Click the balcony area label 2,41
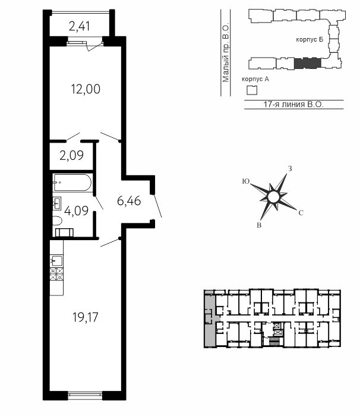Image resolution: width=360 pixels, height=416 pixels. click(80, 27)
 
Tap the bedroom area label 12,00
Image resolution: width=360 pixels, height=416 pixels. click(86, 89)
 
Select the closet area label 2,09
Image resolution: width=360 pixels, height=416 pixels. click(72, 155)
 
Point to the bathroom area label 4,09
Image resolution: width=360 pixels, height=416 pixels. click(77, 211)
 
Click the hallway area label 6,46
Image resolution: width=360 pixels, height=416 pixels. click(129, 201)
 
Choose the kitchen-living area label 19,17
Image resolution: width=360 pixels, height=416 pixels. click(86, 317)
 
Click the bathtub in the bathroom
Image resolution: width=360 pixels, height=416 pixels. click(72, 182)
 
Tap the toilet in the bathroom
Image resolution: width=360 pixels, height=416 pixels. click(57, 220)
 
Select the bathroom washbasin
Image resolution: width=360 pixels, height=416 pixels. click(57, 203)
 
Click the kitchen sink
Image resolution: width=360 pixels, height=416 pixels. click(56, 261)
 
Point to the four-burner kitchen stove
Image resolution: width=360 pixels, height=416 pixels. click(56, 275)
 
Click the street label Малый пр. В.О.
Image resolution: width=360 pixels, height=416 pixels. click(226, 53)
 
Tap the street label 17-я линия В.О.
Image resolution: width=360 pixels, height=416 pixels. click(293, 104)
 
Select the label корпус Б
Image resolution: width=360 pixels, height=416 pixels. click(310, 40)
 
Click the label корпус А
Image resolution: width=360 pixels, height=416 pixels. click(255, 79)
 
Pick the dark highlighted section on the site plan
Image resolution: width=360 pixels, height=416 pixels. click(308, 63)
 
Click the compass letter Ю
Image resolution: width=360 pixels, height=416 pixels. click(246, 181)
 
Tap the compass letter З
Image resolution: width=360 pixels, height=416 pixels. click(290, 168)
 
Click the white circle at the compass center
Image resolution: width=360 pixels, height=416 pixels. click(273, 197)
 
